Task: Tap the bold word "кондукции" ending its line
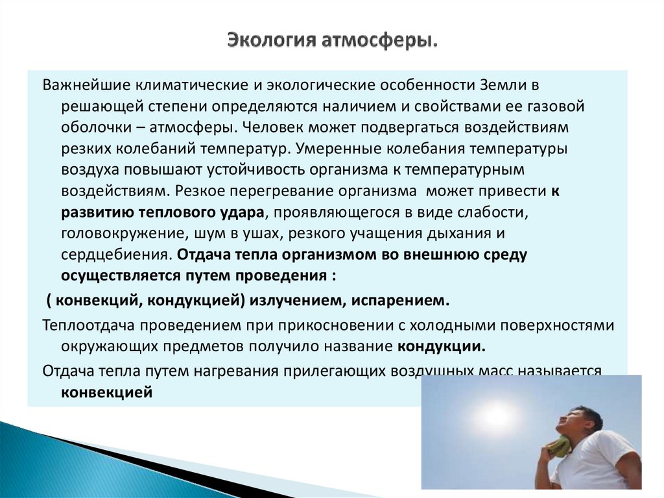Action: pos(441,345)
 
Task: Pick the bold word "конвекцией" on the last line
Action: pos(107,392)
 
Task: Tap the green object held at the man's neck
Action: pos(560,448)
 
